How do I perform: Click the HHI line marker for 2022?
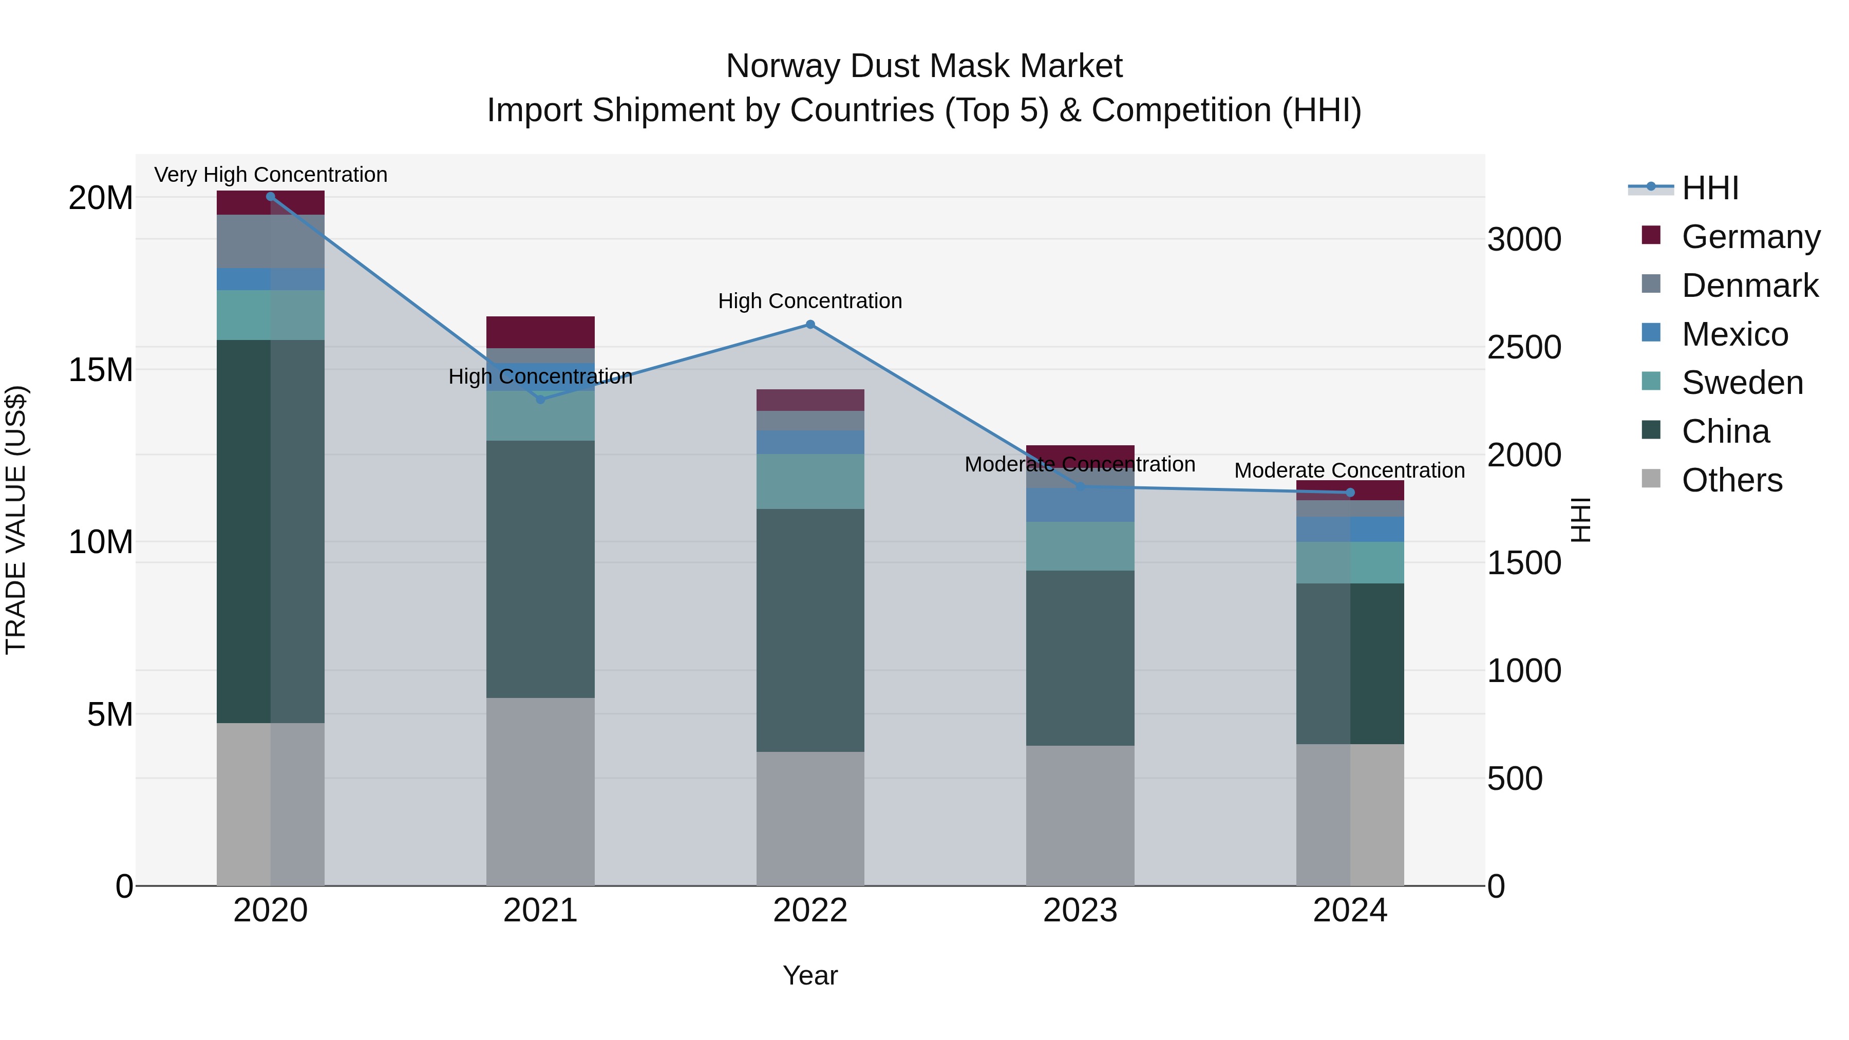810,325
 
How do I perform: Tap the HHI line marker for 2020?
271,197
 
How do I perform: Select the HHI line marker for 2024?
1350,493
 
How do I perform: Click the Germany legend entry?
1750,237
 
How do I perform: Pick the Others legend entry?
1731,480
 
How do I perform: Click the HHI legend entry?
1710,188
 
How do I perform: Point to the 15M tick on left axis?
101,370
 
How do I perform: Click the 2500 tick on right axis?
1524,347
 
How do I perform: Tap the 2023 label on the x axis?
1080,911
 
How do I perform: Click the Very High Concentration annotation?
271,175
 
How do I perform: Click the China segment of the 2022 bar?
810,630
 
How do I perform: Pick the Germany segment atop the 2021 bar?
540,332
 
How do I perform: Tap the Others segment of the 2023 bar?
1080,816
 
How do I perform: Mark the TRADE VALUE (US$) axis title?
16,520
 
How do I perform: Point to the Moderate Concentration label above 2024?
1349,471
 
